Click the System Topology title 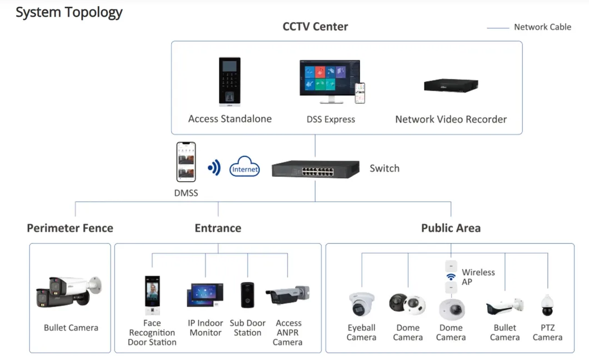pyautogui.click(x=69, y=12)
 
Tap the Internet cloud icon pyautogui.click(x=244, y=167)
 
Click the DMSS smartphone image pyautogui.click(x=186, y=162)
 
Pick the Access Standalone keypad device pyautogui.click(x=229, y=81)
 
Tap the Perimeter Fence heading pyautogui.click(x=70, y=228)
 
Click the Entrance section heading pyautogui.click(x=218, y=228)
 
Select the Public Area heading pyautogui.click(x=451, y=228)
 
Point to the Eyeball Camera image pyautogui.click(x=362, y=304)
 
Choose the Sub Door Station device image pyautogui.click(x=247, y=295)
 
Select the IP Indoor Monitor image pyautogui.click(x=205, y=296)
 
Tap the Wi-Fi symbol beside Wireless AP pyautogui.click(x=451, y=276)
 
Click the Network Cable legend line pyautogui.click(x=498, y=27)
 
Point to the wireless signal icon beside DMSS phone pyautogui.click(x=214, y=167)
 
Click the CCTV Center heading pyautogui.click(x=315, y=27)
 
